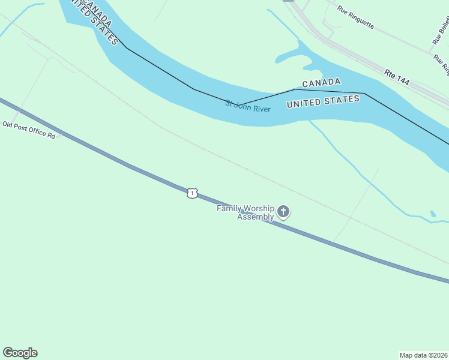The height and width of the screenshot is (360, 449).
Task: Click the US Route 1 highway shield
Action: point(191,193)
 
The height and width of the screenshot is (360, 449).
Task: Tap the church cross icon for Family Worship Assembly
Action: point(283,211)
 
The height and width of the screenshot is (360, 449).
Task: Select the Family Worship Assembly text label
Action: point(246,212)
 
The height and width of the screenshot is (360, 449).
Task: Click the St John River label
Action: point(248,106)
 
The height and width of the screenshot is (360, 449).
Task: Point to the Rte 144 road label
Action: point(397,76)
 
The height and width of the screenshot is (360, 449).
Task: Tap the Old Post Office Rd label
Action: point(29,130)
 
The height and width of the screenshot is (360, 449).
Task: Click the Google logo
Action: point(20,353)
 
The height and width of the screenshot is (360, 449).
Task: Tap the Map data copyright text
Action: point(424,355)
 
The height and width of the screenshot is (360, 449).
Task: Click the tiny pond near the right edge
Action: point(433,214)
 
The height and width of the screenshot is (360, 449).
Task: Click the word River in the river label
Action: point(261,109)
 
